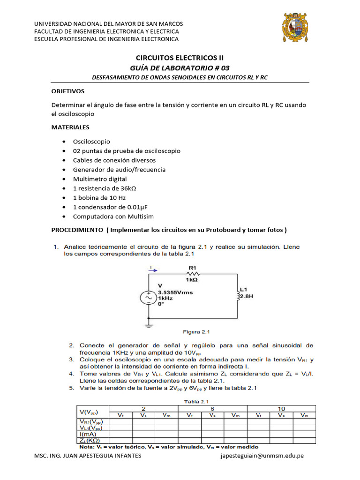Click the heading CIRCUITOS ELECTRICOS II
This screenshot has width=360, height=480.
click(180, 58)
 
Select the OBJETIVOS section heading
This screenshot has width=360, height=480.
click(67, 91)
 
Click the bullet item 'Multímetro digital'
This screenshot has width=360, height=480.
click(100, 179)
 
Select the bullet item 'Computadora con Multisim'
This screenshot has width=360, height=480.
click(113, 216)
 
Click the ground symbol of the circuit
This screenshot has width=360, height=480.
click(149, 324)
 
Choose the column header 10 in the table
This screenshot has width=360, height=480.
click(281, 408)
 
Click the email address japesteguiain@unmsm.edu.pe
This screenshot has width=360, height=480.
click(262, 456)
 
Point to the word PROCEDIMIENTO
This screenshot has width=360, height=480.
click(76, 230)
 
